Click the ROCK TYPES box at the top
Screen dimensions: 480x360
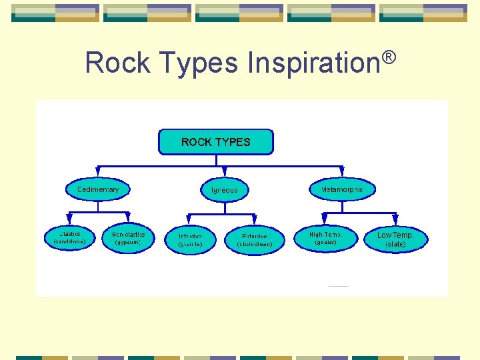[215, 142]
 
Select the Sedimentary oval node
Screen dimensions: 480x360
[98, 189]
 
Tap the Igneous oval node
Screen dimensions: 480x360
[224, 190]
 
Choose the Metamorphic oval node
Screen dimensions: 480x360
[343, 189]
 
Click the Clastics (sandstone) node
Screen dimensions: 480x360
[69, 237]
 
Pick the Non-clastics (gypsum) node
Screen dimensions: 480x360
[128, 237]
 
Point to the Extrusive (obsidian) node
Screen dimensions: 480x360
[255, 240]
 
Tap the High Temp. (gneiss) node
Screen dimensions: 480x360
[326, 238]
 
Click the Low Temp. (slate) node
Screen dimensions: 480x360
[395, 239]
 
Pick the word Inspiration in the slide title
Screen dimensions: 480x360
[313, 63]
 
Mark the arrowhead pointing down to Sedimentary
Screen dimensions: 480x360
[98, 172]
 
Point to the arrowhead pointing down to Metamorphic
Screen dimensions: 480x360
[343, 172]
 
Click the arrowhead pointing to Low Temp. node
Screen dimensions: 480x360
[395, 219]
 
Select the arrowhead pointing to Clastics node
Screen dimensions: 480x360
[69, 219]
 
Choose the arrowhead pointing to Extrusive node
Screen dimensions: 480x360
[254, 221]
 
